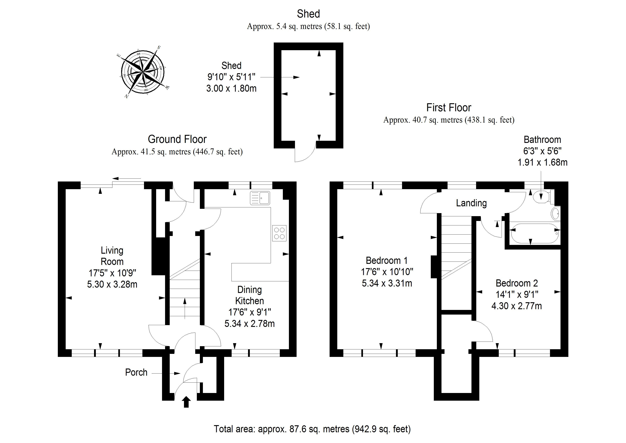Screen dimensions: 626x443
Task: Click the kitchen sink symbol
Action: coord(260,198)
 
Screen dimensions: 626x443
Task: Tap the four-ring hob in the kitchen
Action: coord(279,233)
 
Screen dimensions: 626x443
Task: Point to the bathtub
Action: coord(535,233)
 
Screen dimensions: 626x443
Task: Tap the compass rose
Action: coord(143,72)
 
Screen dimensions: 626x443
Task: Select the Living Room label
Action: coord(112,256)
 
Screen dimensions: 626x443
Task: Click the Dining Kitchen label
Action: coord(249,295)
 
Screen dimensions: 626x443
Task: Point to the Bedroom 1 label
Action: coord(387,261)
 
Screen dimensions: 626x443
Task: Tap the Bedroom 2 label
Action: coord(517,283)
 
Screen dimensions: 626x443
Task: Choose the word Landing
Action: coord(471,203)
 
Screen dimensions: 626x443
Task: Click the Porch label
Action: coord(136,372)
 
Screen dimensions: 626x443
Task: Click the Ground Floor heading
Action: coord(177,139)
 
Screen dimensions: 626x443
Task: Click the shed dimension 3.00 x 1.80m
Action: coord(231,88)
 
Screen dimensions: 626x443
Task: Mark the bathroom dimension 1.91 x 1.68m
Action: coord(542,162)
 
